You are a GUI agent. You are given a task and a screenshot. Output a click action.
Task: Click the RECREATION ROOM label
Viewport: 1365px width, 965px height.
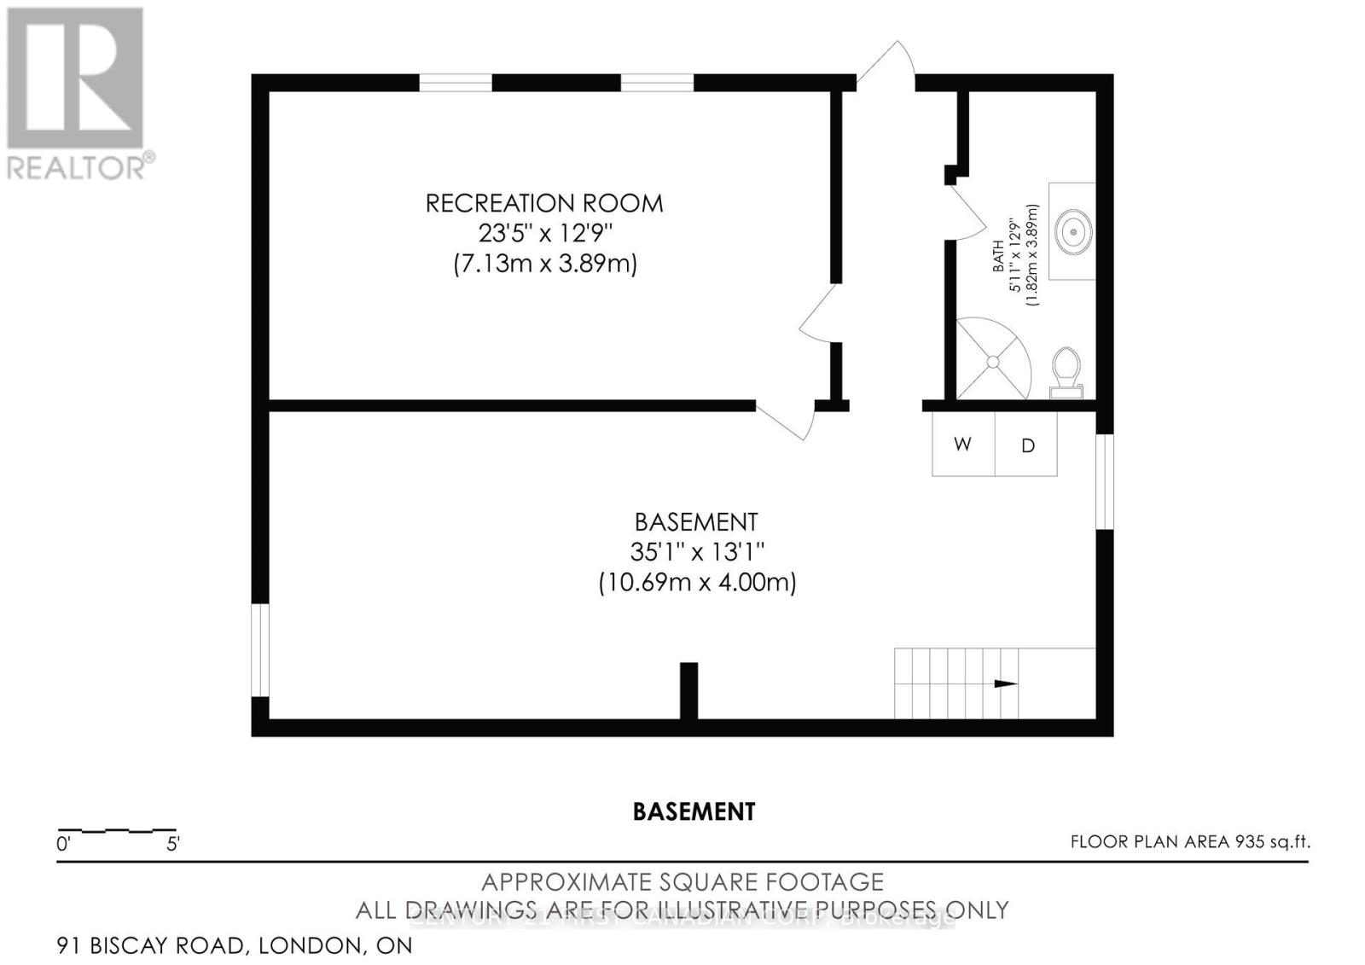[x=544, y=203]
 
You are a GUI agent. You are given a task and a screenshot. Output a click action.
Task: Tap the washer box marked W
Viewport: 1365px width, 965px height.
[x=963, y=445]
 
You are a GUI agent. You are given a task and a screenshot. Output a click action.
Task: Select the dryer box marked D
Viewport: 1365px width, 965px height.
[x=1027, y=445]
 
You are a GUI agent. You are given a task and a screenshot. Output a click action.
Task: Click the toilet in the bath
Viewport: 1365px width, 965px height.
[x=1065, y=373]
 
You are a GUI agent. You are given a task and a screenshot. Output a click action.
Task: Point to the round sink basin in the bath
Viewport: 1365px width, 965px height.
[x=1072, y=230]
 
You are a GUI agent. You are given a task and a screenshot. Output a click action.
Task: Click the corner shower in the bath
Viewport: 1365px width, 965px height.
[x=992, y=361]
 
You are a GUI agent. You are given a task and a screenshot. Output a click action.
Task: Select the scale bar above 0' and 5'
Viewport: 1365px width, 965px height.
[x=117, y=829]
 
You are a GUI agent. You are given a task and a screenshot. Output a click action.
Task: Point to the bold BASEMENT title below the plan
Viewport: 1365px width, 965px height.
[x=694, y=811]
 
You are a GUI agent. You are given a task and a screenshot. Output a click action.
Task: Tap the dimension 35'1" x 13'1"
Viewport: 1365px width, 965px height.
[x=696, y=552]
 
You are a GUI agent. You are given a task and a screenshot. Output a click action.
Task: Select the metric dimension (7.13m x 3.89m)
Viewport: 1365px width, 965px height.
[x=545, y=264]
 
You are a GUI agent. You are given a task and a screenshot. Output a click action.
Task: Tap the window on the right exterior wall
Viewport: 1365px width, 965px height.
[x=1105, y=481]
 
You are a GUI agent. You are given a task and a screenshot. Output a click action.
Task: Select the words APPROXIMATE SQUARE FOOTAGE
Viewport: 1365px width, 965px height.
[x=682, y=881]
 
